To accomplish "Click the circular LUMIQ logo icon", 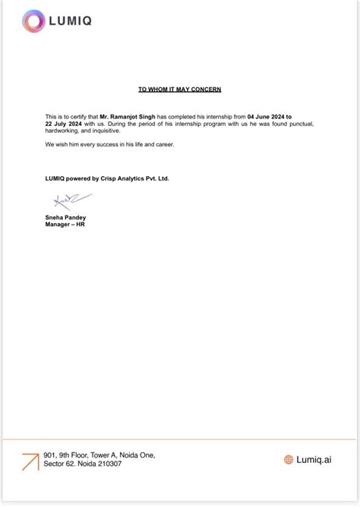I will [x=34, y=21].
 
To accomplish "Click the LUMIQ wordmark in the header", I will [x=71, y=21].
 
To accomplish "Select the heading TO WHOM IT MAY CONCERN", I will [x=180, y=90].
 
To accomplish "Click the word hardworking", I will [x=62, y=131].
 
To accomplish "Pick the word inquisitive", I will [x=107, y=131].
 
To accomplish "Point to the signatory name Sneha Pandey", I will [x=65, y=218].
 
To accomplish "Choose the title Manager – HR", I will [x=65, y=225].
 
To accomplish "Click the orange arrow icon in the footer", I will [x=30, y=461].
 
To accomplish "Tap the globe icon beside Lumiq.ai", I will [x=289, y=459].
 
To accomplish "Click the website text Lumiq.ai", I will [x=314, y=459].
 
